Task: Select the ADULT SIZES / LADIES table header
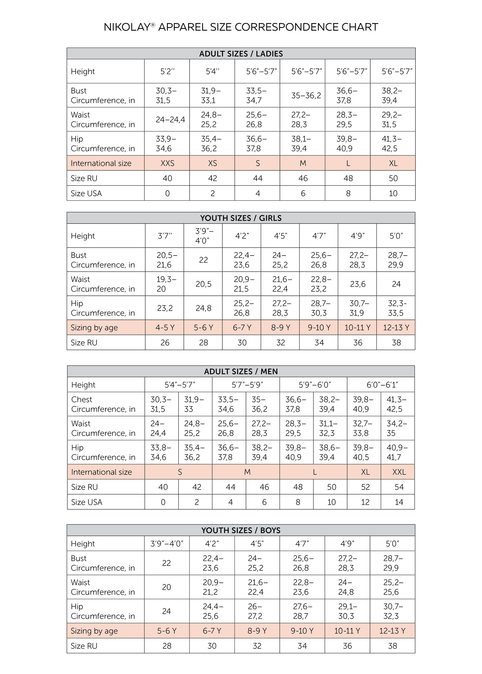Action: point(241,54)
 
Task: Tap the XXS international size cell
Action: point(167,163)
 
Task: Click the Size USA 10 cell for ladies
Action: point(393,193)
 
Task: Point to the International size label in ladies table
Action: point(101,163)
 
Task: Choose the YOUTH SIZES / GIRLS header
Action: point(241,218)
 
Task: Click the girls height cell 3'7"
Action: point(165,236)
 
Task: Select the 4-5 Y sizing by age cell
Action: point(165,328)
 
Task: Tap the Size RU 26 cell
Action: point(165,343)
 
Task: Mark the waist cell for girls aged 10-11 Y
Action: point(357,284)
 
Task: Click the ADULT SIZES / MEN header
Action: point(241,371)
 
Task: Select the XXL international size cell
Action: point(399,472)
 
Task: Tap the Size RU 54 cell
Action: point(399,487)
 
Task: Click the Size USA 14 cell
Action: point(399,502)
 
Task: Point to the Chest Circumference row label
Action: point(103,404)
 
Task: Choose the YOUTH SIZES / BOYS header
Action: point(241,530)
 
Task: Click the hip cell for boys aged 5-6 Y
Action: point(167,611)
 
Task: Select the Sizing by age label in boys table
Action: point(94,631)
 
